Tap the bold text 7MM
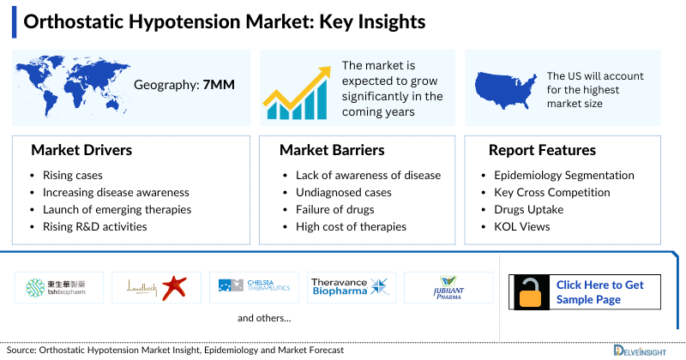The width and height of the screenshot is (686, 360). pyautogui.click(x=218, y=85)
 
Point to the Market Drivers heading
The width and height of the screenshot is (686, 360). pyautogui.click(x=81, y=151)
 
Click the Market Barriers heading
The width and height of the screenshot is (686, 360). pyautogui.click(x=332, y=151)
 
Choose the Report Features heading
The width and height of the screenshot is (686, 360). pyautogui.click(x=542, y=151)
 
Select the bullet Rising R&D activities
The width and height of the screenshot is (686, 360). pyautogui.click(x=94, y=226)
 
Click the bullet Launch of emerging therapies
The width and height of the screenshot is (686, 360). pyautogui.click(x=117, y=209)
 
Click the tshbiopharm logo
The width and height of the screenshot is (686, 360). pyautogui.click(x=56, y=287)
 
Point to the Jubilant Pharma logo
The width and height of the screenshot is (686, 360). pyautogui.click(x=448, y=287)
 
